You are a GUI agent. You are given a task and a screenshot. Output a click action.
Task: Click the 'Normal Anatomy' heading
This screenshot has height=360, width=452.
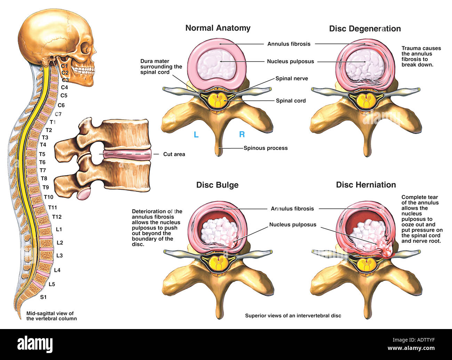pyautogui.click(x=218, y=28)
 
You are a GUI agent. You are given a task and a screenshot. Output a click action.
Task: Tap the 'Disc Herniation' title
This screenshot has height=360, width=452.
pyautogui.click(x=366, y=185)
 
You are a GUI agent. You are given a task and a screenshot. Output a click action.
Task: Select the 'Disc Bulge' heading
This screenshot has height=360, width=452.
pyautogui.click(x=217, y=185)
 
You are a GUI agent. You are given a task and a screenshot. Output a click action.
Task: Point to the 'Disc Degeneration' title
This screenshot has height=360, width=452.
pyautogui.click(x=365, y=29)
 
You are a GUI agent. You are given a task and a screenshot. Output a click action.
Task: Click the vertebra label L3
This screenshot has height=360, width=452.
pyautogui.click(x=59, y=256)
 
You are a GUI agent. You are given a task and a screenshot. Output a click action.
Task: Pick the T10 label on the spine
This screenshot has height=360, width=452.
pyautogui.click(x=49, y=197)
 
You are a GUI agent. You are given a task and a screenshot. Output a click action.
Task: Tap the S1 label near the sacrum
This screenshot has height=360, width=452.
pyautogui.click(x=43, y=297)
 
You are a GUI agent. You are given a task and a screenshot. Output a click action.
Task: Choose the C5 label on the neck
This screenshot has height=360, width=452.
pyautogui.click(x=64, y=95)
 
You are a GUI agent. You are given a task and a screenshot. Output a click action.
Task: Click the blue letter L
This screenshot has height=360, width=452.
pyautogui.click(x=196, y=135)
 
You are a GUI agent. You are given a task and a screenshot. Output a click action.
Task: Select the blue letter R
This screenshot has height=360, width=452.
pyautogui.click(x=242, y=135)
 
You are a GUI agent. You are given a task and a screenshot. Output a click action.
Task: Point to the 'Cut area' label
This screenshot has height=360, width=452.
pyautogui.click(x=174, y=154)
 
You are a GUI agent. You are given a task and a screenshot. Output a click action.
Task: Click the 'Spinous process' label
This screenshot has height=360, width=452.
pyautogui.click(x=265, y=148)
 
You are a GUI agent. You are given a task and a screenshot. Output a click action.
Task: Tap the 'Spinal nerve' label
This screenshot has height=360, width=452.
pyautogui.click(x=292, y=79)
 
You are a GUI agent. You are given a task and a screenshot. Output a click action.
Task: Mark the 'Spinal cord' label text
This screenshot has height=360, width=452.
pyautogui.click(x=291, y=101)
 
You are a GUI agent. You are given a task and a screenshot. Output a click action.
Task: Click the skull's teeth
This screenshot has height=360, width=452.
pyautogui.click(x=82, y=70)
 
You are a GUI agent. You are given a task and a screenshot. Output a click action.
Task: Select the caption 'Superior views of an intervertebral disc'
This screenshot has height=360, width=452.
pyautogui.click(x=293, y=316)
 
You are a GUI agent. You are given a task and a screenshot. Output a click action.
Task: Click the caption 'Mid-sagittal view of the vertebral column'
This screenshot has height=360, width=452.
pyautogui.click(x=51, y=316)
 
